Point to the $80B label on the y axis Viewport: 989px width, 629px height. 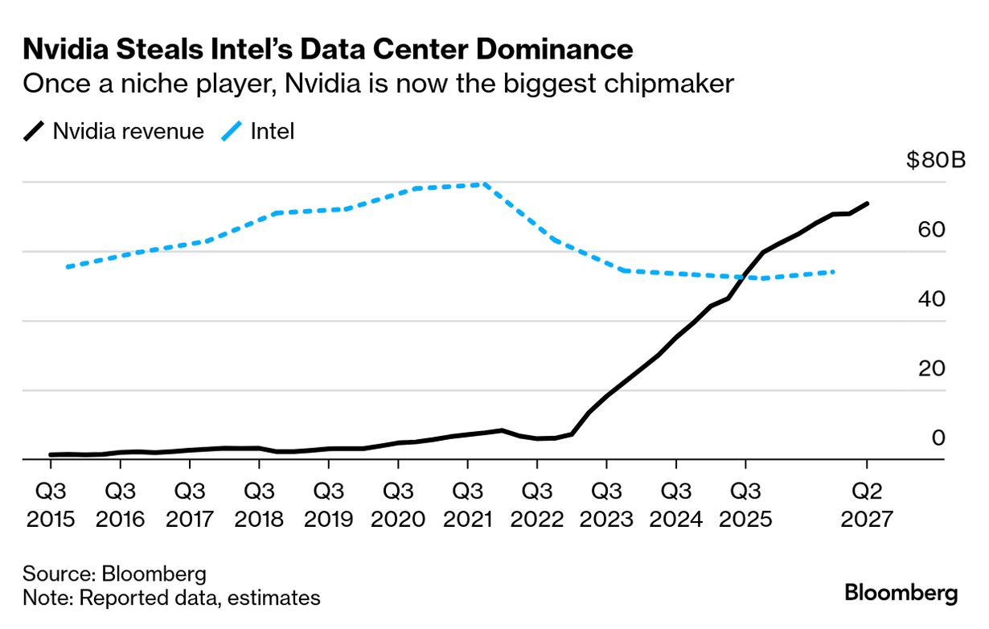(936, 161)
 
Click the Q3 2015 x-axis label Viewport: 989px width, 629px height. (51, 504)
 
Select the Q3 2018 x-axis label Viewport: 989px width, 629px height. (259, 504)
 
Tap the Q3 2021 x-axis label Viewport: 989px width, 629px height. (467, 504)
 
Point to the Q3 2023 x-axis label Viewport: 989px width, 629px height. (606, 504)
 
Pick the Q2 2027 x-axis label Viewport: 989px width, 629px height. (867, 504)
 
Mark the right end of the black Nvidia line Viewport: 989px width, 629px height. (867, 203)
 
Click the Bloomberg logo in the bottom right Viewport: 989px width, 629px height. (901, 594)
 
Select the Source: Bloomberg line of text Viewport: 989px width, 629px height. (114, 574)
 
